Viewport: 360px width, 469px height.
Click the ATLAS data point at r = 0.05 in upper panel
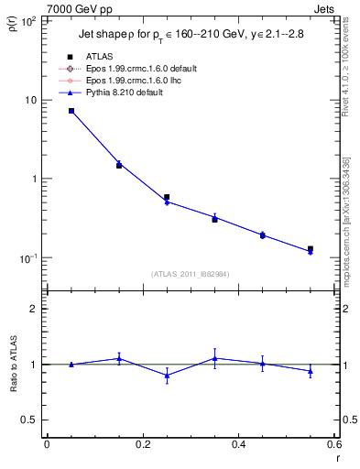pos(71,111)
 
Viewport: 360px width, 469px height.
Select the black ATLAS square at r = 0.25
pos(167,197)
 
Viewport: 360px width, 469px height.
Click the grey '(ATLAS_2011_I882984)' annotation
pos(191,274)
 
